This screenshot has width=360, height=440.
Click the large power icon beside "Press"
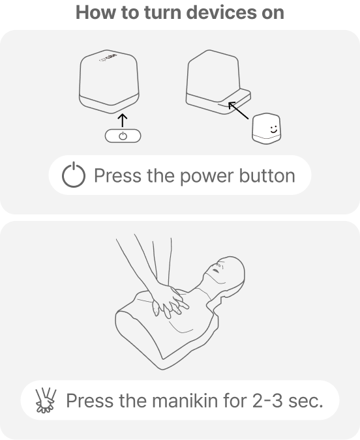click(74, 175)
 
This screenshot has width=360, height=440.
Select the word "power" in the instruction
click(207, 177)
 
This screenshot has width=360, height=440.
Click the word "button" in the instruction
click(267, 175)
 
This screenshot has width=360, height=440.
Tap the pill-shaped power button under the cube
click(123, 136)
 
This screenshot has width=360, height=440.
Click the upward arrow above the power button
click(123, 120)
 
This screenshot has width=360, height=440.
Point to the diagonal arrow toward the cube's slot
click(239, 111)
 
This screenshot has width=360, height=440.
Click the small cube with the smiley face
click(266, 128)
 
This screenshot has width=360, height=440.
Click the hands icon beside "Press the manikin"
click(46, 400)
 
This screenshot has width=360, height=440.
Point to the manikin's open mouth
click(216, 271)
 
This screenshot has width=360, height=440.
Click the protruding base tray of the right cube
click(218, 102)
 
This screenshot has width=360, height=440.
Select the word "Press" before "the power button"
click(117, 175)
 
